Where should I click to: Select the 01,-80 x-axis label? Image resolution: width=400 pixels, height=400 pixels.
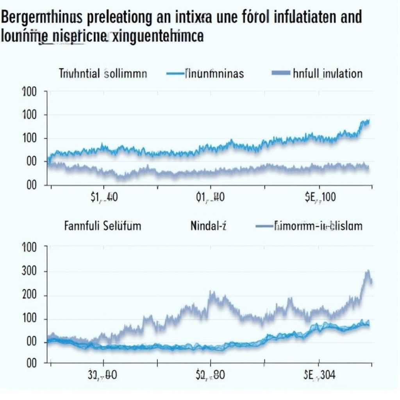click(210, 197)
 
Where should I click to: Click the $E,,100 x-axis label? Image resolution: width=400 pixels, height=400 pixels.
click(319, 197)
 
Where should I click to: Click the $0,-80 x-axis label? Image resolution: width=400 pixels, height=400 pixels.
click(210, 375)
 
